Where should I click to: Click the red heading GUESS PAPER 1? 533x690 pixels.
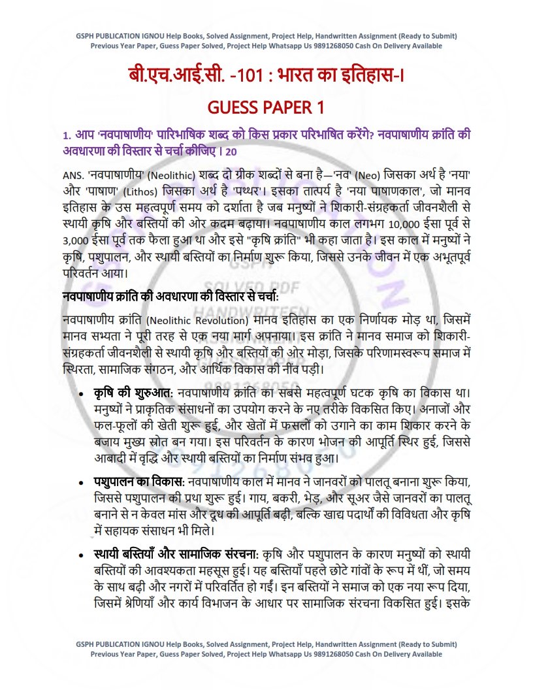266,107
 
